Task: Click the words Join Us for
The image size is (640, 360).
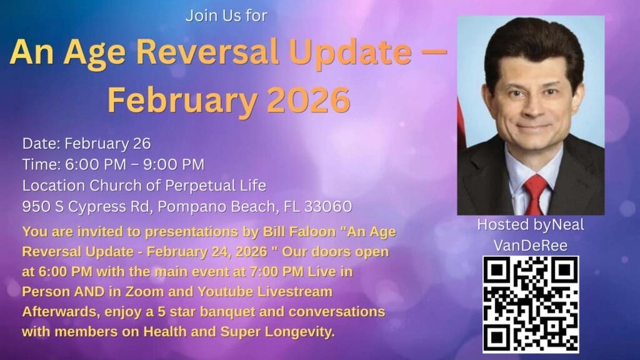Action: [x=226, y=16]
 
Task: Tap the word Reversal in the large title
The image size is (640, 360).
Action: [x=207, y=52]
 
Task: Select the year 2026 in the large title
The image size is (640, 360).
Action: [x=309, y=99]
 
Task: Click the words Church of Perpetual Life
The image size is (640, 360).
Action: [x=178, y=186]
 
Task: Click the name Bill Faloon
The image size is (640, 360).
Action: [x=299, y=231]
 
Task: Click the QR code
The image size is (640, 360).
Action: [x=531, y=304]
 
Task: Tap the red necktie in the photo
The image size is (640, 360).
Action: [x=535, y=194]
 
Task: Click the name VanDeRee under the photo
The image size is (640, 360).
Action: [x=531, y=246]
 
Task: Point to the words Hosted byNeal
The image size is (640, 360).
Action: [x=531, y=225]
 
